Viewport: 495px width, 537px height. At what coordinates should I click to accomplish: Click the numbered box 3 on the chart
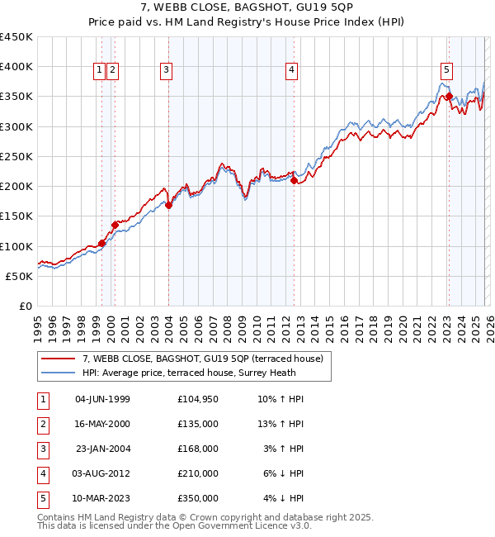point(166,71)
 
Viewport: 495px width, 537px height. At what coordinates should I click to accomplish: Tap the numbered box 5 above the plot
point(445,71)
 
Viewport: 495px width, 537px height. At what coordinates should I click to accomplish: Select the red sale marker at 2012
point(294,181)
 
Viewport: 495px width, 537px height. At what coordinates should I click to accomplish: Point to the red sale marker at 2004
point(168,206)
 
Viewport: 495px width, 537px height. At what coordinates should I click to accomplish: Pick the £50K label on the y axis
point(20,276)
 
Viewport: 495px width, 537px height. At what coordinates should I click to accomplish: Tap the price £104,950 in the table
point(197,399)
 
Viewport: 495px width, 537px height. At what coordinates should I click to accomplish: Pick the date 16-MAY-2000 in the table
point(102,424)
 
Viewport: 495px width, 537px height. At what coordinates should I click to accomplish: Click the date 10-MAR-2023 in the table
point(102,498)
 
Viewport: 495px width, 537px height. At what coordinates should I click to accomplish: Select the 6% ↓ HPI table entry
point(285,473)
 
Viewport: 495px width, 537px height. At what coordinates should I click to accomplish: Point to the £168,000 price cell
point(197,449)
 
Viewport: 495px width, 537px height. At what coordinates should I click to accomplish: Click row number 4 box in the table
point(42,473)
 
